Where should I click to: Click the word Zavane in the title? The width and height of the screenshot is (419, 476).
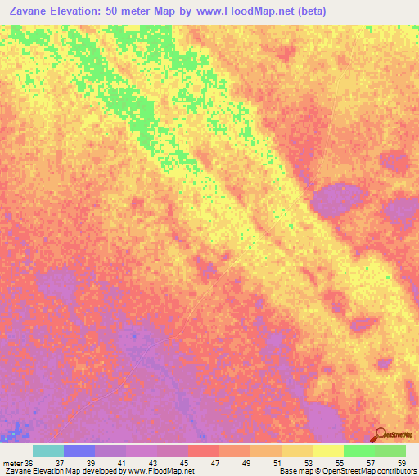pos(29,11)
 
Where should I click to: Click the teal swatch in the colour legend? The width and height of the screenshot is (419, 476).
pos(48,451)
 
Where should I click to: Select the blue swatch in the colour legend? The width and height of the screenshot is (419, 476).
pos(79,451)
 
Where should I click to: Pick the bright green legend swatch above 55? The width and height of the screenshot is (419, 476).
pos(359,451)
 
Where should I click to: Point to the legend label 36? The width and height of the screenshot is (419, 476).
pos(30,463)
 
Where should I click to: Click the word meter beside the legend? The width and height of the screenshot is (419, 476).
pos(13,463)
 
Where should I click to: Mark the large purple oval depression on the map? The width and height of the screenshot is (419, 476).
pos(338,199)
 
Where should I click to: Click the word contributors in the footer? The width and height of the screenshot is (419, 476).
pos(396,471)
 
